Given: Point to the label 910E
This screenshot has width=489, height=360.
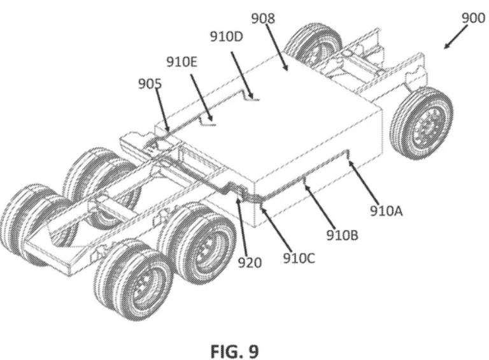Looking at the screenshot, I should [182, 61].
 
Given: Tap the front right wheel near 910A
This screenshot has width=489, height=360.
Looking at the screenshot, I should [421, 122].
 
